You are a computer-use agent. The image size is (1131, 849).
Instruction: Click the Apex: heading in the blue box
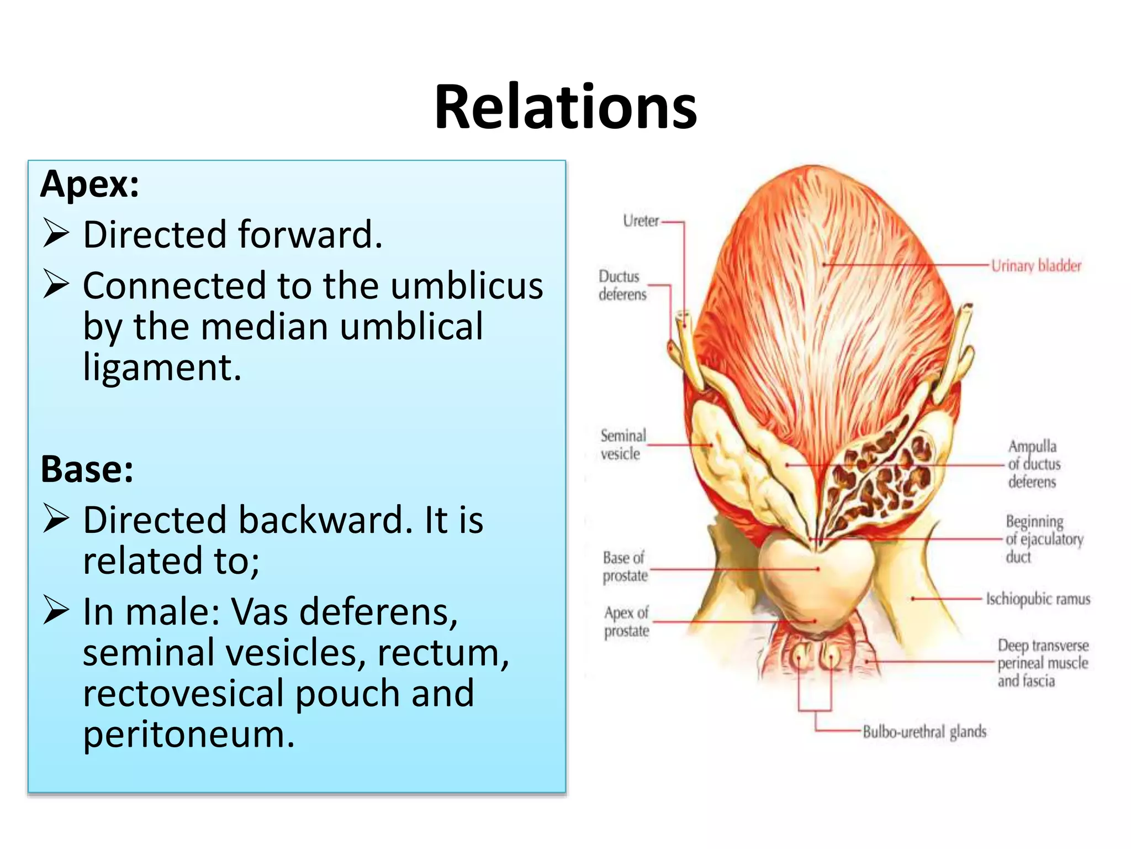(89, 184)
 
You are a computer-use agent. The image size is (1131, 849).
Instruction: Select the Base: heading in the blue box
(87, 469)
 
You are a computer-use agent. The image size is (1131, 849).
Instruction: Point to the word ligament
(162, 368)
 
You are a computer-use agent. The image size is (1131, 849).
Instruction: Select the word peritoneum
(188, 735)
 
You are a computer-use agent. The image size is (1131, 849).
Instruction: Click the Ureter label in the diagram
(641, 221)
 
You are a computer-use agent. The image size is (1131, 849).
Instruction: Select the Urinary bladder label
(1036, 266)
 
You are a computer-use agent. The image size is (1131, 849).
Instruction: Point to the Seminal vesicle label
(623, 445)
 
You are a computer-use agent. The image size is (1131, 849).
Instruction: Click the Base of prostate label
(625, 567)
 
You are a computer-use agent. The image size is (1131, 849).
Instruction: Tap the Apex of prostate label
(626, 622)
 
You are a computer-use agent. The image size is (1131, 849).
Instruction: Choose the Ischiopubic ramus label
(1038, 599)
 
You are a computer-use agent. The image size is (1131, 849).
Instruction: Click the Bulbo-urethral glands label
(924, 732)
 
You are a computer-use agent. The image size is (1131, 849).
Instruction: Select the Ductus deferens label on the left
(622, 285)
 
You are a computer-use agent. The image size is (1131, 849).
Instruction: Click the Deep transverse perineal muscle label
(1042, 663)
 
